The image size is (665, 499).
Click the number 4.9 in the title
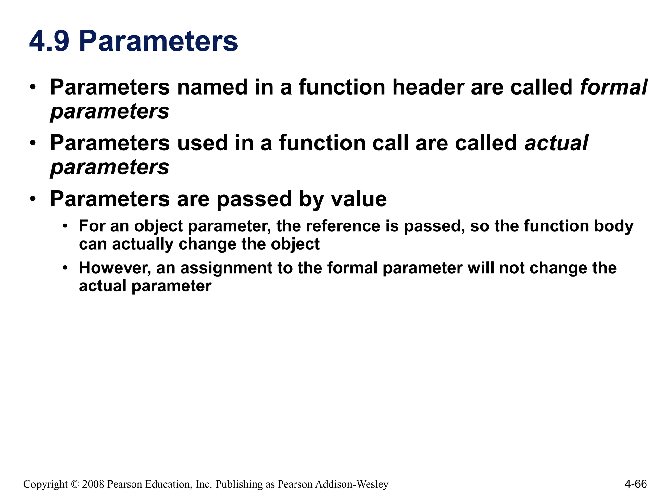coord(49,41)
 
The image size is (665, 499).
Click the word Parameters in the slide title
coord(158,41)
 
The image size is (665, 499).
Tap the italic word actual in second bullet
coord(556,143)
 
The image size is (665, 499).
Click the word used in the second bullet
coord(202,143)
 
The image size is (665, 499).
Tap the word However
coord(115,268)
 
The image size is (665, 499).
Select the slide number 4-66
coord(635,484)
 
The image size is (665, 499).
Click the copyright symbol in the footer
coord(75,484)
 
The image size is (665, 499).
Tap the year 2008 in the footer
coord(94,484)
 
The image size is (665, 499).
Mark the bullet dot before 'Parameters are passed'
coord(32,199)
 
